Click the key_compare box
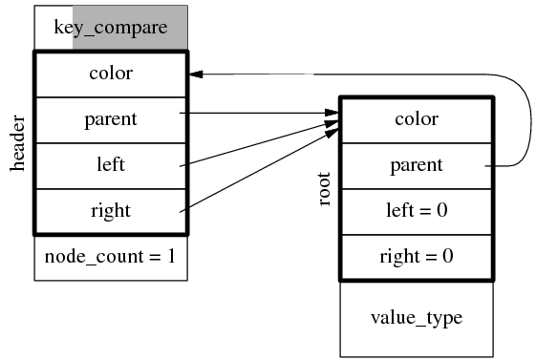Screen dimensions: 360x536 click(111, 28)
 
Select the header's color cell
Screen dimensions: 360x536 click(111, 74)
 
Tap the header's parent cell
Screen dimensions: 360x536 click(111, 119)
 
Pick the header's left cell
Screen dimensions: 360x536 click(111, 164)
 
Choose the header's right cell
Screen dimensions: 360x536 click(111, 210)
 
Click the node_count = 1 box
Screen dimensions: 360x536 click(111, 257)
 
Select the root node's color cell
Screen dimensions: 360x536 click(417, 119)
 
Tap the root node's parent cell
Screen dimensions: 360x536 click(417, 165)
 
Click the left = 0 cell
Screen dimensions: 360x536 click(417, 211)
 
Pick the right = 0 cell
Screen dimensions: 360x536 click(417, 257)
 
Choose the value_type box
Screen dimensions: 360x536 click(417, 318)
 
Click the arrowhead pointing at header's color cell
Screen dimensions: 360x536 click(195, 74)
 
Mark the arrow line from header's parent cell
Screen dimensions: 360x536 click(258, 113)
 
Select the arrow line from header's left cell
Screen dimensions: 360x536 click(258, 144)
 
